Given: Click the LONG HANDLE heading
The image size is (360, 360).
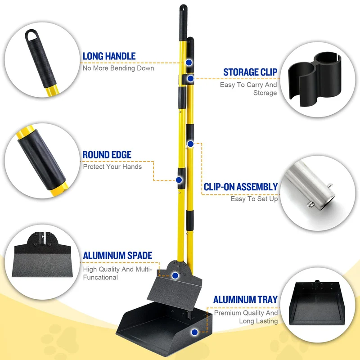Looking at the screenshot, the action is tap(109, 56).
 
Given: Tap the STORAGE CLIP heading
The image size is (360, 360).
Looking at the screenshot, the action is tap(250, 72).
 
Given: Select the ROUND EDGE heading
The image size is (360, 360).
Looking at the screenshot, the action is tap(107, 155).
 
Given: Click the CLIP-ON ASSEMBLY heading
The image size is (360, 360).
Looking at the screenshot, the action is tap(241, 187).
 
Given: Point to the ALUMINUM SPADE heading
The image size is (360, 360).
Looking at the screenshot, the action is tap(117, 256).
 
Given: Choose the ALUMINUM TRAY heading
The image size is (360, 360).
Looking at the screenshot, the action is tap(245, 300).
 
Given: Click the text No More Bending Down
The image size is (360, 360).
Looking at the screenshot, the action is tap(118, 68).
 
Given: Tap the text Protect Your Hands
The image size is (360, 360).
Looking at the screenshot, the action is tap(112, 166).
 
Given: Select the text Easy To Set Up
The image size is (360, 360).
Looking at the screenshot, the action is tap(254, 199).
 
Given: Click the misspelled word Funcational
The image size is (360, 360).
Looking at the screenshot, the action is tap(100, 277).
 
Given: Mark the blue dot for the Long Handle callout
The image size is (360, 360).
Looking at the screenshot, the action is tap(189, 63).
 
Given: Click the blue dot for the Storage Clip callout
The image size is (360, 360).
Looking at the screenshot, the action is tap(190, 79).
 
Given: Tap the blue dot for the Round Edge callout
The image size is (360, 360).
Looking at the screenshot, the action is tap(179, 180).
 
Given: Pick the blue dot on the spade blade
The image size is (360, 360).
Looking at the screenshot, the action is tap(175, 275).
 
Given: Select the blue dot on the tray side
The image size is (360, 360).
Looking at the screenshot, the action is tap(194, 332).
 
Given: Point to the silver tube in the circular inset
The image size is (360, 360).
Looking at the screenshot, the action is tap(309, 185).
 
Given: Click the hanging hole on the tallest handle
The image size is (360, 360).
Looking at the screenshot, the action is tap(183, 9).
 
